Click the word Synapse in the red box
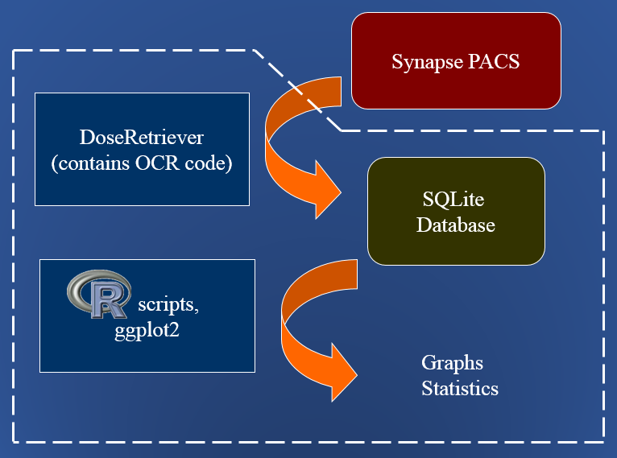pos(427,62)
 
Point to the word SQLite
pos(455,199)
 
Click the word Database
pos(456,225)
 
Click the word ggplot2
pos(147,329)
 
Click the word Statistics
pos(460,389)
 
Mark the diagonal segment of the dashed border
pos(298,90)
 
